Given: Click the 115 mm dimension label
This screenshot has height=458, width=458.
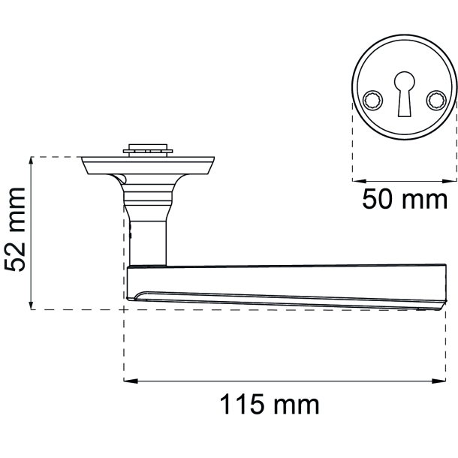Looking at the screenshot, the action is (x=270, y=404).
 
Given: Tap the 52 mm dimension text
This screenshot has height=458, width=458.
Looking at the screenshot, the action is (x=15, y=229).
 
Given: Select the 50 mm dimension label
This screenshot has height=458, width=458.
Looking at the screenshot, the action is (x=405, y=199).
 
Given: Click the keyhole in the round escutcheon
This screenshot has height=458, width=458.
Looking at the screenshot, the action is (x=404, y=94).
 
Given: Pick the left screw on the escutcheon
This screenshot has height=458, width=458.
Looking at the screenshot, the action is (x=372, y=100).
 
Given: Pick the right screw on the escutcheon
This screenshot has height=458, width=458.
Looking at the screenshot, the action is (x=436, y=100).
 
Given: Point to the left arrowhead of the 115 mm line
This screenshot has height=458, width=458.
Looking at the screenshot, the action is (x=131, y=381).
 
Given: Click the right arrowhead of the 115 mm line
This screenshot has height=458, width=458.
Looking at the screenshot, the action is (x=438, y=381).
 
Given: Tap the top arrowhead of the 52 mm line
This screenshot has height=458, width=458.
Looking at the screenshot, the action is (x=32, y=164).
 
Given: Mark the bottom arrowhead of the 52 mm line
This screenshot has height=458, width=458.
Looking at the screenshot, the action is (x=32, y=303).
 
